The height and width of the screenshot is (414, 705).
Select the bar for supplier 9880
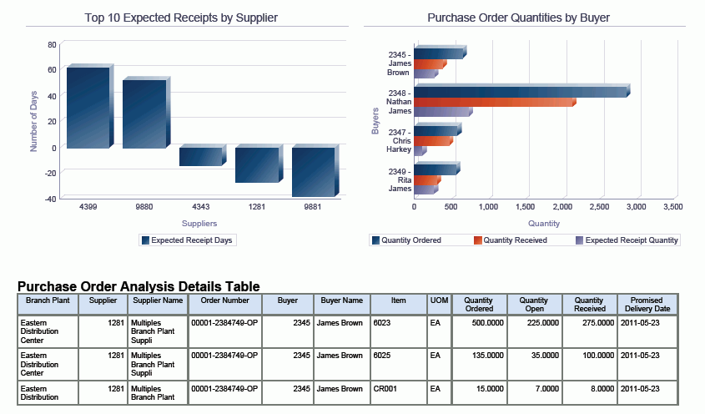click(144, 114)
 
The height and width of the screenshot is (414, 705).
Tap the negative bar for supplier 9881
click(313, 172)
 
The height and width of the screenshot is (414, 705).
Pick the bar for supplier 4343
click(200, 156)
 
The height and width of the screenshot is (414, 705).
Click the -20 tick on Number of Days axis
click(51, 173)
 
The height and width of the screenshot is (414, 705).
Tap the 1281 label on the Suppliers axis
click(256, 206)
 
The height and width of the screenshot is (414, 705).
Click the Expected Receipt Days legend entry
click(189, 240)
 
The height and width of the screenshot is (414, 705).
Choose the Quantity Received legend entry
click(510, 240)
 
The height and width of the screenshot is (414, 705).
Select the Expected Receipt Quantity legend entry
click(627, 240)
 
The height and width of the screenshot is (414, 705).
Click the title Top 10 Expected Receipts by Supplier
click(181, 17)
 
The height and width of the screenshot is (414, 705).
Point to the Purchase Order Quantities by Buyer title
click(518, 17)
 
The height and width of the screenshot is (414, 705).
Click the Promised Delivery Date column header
click(646, 305)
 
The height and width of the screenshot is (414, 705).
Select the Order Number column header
click(225, 300)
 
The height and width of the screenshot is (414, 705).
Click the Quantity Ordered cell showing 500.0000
click(478, 321)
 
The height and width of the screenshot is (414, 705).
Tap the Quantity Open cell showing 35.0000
click(533, 356)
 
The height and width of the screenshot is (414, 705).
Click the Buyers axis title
click(375, 120)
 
